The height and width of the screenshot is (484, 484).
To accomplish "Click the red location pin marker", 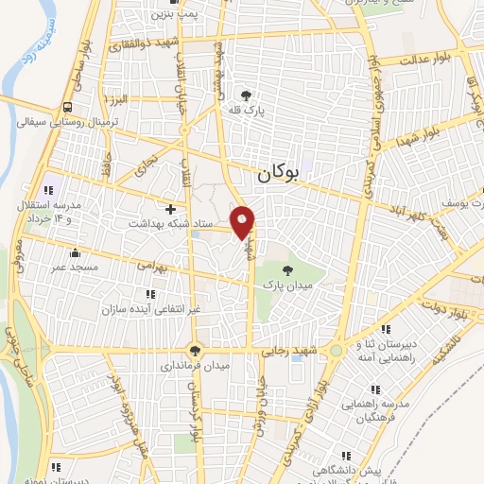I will [244, 221].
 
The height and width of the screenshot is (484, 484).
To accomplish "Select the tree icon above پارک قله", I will [247, 95].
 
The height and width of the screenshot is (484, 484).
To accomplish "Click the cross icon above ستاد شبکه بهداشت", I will [170, 208].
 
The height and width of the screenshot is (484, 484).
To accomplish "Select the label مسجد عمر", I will [75, 268].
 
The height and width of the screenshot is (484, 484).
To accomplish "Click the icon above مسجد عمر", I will [75, 251].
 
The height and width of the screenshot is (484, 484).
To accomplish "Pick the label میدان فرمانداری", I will [196, 363].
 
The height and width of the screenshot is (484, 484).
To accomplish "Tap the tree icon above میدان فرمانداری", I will [196, 348].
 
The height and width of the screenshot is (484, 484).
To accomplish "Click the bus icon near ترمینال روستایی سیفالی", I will [68, 107].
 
